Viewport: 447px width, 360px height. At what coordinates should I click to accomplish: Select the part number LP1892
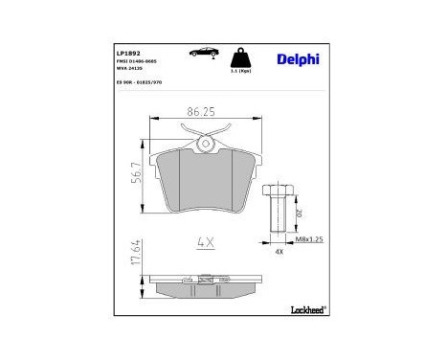pyautogui.click(x=128, y=52)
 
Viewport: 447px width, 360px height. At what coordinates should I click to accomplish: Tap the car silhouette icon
pyautogui.click(x=206, y=51)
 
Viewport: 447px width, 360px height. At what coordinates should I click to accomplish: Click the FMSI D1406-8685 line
pyautogui.click(x=138, y=61)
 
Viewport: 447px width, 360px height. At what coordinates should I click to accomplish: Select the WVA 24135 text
pyautogui.click(x=131, y=69)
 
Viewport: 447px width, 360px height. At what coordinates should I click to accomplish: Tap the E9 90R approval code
pyautogui.click(x=141, y=82)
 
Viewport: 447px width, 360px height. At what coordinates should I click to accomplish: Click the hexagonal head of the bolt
pyautogui.click(x=279, y=189)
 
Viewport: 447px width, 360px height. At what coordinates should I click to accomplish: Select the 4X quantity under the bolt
pyautogui.click(x=279, y=254)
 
